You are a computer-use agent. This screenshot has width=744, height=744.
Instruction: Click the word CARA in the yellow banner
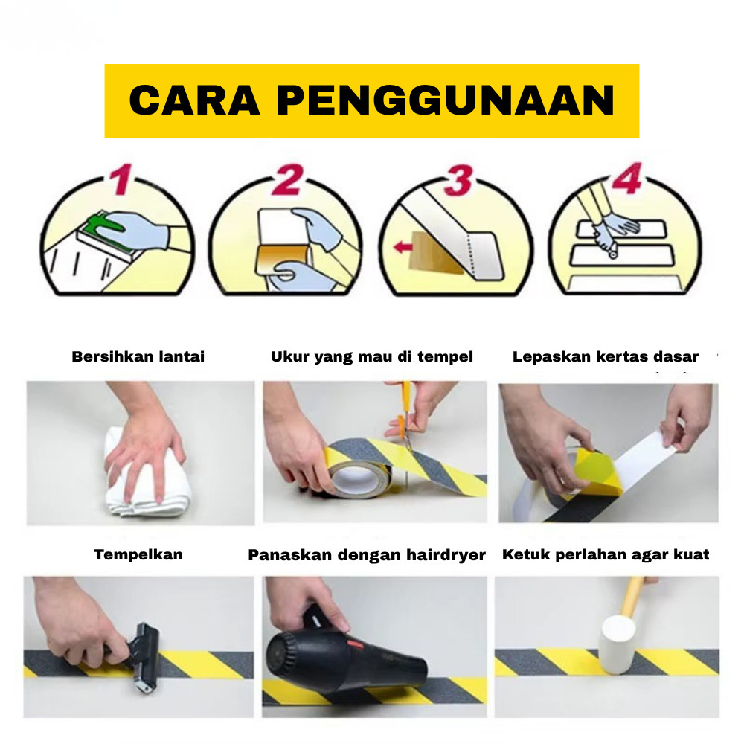click(194, 100)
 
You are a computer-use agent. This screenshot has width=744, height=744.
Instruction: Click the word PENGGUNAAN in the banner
click(446, 100)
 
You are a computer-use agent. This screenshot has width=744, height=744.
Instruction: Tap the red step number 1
click(121, 179)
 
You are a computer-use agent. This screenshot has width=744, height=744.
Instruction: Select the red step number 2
click(287, 179)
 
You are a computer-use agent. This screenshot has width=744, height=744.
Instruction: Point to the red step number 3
click(459, 180)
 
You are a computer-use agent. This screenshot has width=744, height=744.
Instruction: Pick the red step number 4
click(627, 178)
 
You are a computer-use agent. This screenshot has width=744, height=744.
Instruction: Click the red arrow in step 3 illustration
click(403, 247)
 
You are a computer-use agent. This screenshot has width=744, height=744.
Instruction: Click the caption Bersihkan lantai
click(138, 357)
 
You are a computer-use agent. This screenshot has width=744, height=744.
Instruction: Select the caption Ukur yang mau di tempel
click(371, 357)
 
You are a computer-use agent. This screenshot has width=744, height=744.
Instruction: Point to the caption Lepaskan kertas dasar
click(606, 357)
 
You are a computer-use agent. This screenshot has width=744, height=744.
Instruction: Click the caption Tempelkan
click(138, 555)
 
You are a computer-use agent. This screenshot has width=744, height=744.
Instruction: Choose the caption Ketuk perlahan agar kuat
click(606, 555)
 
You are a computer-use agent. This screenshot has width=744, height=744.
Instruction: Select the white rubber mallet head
click(618, 644)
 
